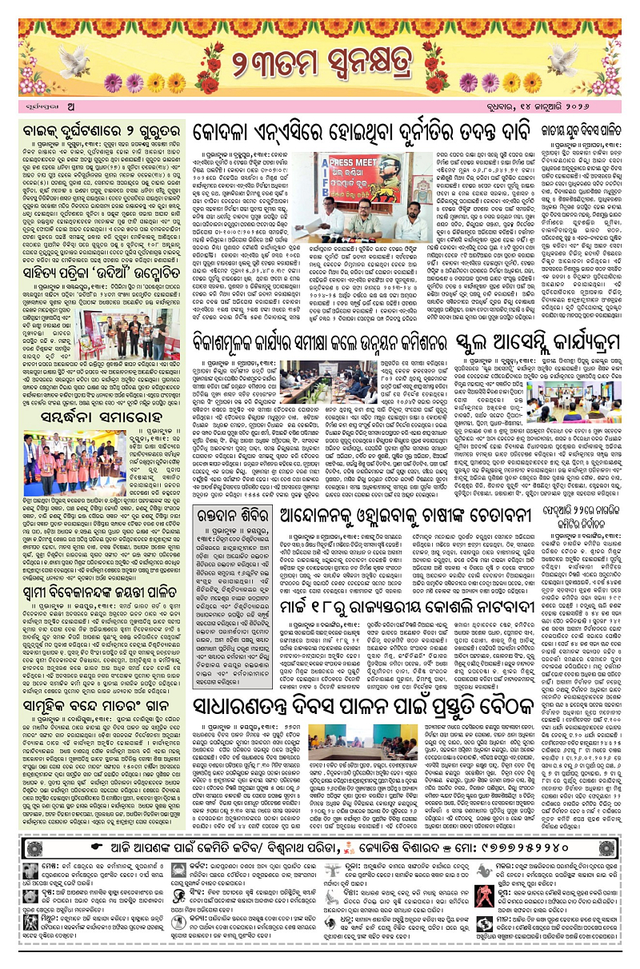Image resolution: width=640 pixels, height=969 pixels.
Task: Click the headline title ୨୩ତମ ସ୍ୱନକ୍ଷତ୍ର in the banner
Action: coord(319,64)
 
